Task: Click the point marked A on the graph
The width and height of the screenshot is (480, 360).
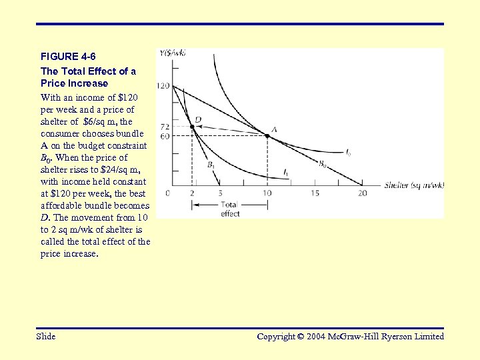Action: pos(267,136)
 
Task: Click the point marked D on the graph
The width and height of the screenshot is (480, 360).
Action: pos(192,126)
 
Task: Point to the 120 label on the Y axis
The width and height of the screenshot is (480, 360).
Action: pos(163,86)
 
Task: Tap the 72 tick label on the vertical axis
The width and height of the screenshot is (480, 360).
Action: pos(165,126)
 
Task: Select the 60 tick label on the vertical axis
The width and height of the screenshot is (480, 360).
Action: pos(165,136)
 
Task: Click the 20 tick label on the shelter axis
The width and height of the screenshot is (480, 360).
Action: pos(363,193)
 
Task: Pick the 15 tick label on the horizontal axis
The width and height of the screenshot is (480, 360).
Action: pos(315,193)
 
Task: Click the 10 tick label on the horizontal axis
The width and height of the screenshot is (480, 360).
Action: pos(267,193)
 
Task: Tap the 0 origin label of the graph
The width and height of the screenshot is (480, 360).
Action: pos(168,193)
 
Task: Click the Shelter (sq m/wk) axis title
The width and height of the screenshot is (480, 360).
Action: pos(413,185)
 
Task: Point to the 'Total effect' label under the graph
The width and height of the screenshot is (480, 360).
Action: pos(230,209)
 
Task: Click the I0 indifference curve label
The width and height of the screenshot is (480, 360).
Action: pos(348,153)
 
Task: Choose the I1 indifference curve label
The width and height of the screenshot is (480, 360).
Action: pos(286,173)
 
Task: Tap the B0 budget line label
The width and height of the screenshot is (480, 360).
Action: pos(322,163)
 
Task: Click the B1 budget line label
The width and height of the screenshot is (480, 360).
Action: pos(211,164)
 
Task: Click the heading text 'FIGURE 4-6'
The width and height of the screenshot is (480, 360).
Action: pos(63,55)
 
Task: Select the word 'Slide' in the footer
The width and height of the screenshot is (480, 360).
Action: pos(46,337)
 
